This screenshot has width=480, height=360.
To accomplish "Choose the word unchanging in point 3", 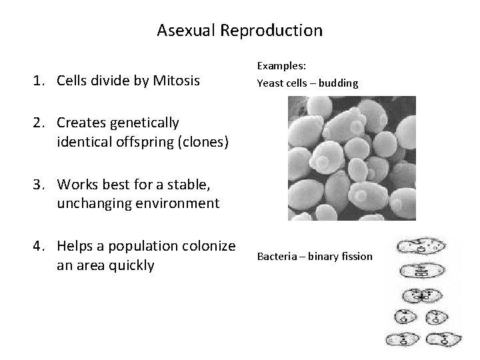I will pos(90,203).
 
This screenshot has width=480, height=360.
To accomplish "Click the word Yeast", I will pos(269,84).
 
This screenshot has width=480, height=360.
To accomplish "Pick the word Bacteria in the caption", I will pos(276,257).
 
